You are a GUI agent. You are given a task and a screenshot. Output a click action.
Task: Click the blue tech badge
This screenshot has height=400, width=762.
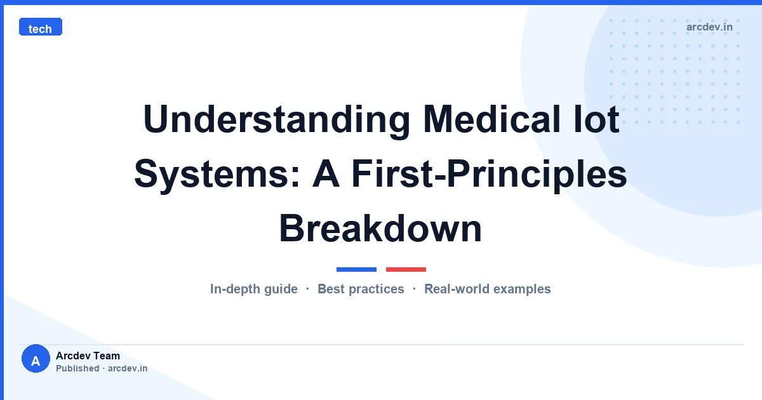[x=41, y=27]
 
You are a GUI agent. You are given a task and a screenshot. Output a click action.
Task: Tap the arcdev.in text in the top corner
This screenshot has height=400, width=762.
[x=709, y=27]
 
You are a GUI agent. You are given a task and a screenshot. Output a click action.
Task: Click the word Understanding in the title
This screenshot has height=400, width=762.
[x=277, y=120]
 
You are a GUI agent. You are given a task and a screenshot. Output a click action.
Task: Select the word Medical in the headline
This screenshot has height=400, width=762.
[x=491, y=119]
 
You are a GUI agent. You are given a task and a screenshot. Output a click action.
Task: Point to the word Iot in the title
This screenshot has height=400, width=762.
[x=596, y=119]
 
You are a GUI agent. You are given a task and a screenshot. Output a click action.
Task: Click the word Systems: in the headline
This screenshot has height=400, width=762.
[x=217, y=174]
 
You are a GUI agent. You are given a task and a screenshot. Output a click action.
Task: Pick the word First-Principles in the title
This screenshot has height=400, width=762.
[x=489, y=174]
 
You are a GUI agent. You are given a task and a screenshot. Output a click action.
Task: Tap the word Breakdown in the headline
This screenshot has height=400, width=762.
[x=380, y=228]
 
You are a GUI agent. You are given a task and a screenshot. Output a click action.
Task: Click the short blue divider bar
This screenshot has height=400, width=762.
[x=356, y=269]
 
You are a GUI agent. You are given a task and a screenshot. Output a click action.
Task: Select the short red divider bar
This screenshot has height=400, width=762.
[x=406, y=269]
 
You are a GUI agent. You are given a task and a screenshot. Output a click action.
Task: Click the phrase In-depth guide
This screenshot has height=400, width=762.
[x=254, y=289]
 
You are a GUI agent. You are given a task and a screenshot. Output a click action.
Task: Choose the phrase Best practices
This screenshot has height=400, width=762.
[x=361, y=289]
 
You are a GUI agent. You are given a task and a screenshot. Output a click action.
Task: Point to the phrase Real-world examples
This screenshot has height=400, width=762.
[x=487, y=289]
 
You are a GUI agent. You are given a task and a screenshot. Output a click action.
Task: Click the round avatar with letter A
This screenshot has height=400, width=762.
[x=36, y=359]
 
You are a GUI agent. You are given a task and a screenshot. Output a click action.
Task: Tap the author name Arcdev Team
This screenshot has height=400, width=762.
[x=88, y=356]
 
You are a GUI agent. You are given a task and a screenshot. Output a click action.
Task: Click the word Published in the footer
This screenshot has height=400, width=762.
[x=77, y=368]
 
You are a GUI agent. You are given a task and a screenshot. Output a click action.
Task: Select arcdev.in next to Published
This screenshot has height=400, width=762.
[x=128, y=368]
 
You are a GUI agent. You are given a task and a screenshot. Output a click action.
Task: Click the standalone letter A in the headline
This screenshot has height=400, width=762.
[x=326, y=173]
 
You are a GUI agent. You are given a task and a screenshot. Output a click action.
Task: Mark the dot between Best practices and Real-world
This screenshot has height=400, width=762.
[x=414, y=289]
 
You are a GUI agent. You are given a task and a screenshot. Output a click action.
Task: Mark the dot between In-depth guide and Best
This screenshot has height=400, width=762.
[x=307, y=289]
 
